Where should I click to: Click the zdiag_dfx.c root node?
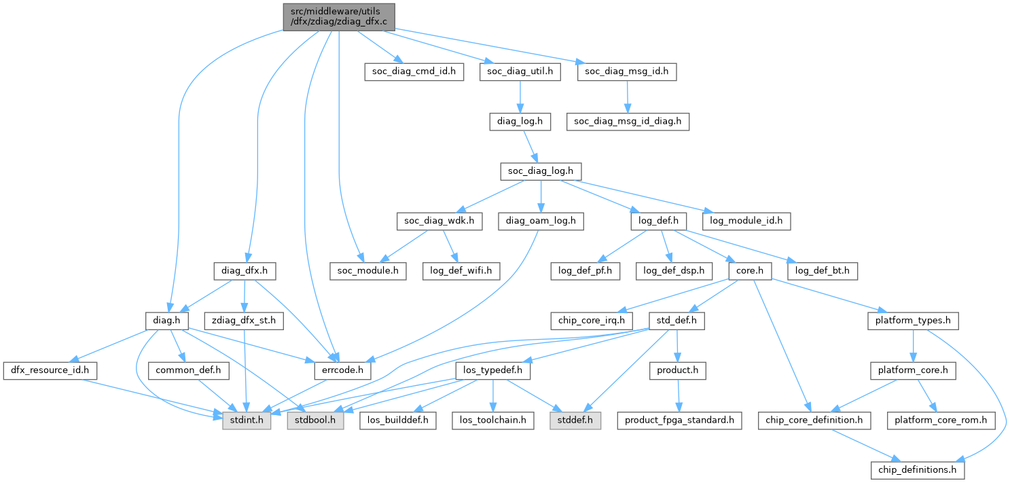338,16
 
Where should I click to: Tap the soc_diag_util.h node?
520,71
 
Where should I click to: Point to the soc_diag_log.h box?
541,171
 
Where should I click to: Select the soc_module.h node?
367,270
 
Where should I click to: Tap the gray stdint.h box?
247,421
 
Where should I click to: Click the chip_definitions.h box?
918,469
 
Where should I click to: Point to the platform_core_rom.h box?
941,421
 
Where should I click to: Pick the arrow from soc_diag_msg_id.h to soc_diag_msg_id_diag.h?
628,96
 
